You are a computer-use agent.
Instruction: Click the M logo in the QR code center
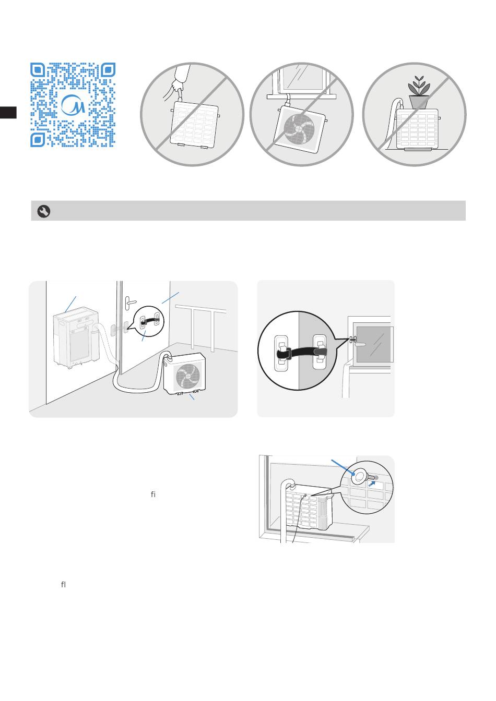click(73, 104)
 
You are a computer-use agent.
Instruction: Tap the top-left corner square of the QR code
click(38, 70)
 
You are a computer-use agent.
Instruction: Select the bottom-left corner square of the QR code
click(38, 140)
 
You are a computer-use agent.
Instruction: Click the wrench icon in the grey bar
click(44, 211)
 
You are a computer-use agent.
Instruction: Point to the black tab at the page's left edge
click(8, 113)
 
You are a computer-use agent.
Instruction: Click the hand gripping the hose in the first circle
click(178, 86)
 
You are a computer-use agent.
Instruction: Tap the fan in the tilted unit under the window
click(299, 129)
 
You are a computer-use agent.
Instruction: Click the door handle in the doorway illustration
click(129, 303)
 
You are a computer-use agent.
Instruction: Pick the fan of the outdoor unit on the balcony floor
click(188, 377)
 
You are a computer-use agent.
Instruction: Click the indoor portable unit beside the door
click(76, 337)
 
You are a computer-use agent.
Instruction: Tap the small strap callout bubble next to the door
click(148, 321)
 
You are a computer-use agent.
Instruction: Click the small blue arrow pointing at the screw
click(372, 484)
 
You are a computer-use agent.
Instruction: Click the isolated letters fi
click(153, 494)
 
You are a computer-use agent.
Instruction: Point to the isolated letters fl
click(63, 584)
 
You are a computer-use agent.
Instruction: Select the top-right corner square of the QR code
click(108, 70)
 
